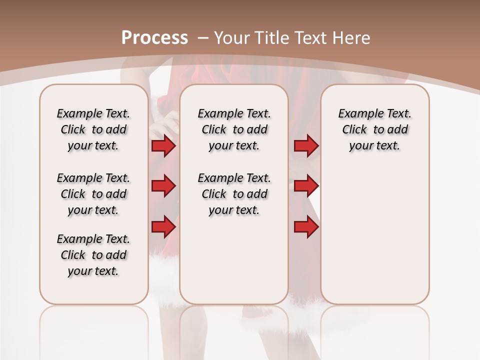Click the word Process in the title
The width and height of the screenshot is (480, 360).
point(154,38)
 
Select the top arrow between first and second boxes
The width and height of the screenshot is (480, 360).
point(163,146)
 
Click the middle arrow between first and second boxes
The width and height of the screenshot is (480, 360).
point(163,186)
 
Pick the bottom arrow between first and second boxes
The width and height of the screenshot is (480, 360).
point(163,227)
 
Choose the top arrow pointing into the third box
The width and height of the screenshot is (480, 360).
point(306,146)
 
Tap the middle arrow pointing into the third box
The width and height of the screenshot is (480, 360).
point(306,186)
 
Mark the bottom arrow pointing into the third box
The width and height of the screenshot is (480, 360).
point(306,227)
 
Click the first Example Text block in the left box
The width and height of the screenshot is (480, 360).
point(93,129)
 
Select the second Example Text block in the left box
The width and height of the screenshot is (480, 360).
point(93,194)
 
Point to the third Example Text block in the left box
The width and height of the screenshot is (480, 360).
point(93,255)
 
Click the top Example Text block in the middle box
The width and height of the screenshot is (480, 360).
point(234,129)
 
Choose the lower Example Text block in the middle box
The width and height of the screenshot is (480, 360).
point(234,194)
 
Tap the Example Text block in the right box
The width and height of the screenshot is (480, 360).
point(374,129)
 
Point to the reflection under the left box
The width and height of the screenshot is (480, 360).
point(94,325)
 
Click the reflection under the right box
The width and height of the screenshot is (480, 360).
point(374,325)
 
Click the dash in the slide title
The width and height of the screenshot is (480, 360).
point(203,38)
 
